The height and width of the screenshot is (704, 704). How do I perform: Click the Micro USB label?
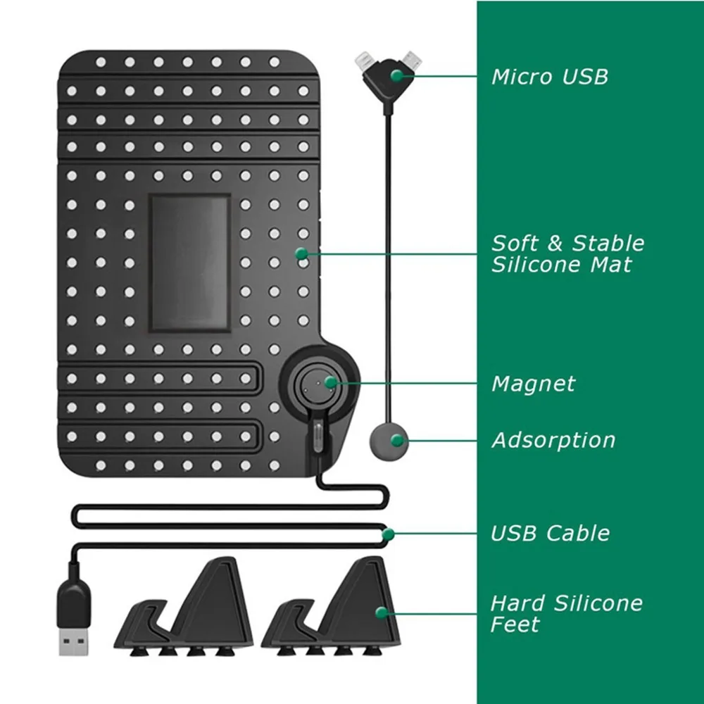tap(549, 76)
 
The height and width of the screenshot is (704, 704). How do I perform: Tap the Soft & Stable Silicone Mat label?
tap(567, 254)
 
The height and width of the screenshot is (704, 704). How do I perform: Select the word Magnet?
tap(533, 384)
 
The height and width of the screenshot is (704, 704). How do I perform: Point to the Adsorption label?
tap(553, 441)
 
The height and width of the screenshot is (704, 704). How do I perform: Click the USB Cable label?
tap(550, 533)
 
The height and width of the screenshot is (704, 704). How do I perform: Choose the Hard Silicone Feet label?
tap(567, 613)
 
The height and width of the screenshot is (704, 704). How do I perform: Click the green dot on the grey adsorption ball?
tap(397, 440)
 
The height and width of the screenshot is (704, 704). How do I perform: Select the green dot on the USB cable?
tap(387, 534)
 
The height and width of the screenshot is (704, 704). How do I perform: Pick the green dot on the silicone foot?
tap(382, 612)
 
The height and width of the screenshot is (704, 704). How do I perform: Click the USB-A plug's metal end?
tap(73, 643)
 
